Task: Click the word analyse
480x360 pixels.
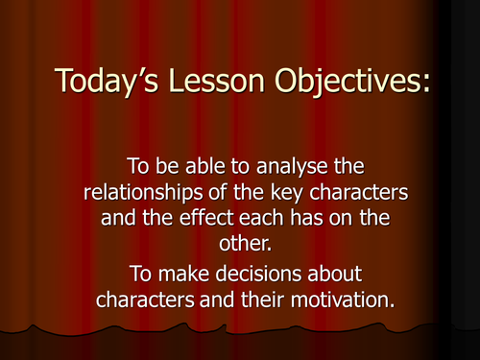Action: [293, 168]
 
